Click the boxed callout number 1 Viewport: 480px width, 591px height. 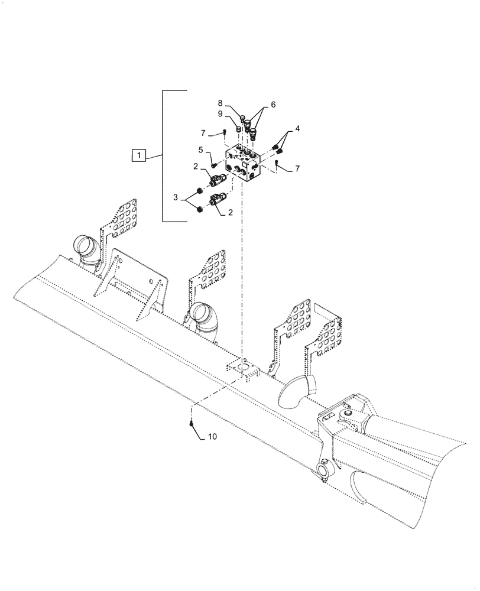(137, 155)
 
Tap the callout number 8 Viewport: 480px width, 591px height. (220, 103)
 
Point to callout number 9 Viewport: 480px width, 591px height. (220, 113)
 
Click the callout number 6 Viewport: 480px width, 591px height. (273, 104)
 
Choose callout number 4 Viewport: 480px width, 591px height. (297, 128)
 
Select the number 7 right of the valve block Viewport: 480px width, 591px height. (298, 169)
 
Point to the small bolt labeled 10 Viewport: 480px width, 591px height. (192, 423)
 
